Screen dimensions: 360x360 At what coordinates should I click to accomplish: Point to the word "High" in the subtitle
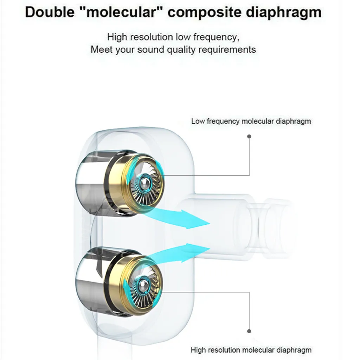click(x=115, y=37)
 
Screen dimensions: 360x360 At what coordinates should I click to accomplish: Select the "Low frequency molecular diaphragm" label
click(x=251, y=121)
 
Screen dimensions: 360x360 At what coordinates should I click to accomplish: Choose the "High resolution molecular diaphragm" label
click(x=251, y=350)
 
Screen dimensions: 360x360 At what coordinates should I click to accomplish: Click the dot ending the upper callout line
click(x=249, y=136)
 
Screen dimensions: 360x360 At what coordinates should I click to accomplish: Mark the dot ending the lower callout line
click(x=249, y=331)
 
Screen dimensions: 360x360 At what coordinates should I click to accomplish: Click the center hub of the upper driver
click(x=143, y=182)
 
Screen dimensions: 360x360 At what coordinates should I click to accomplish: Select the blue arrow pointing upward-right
click(x=183, y=251)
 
